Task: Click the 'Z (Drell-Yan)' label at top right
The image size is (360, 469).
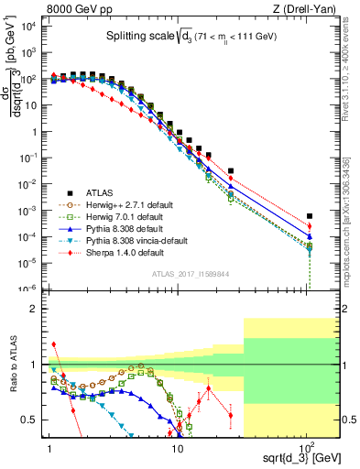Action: click(308, 9)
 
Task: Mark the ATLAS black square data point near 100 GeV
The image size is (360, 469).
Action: click(309, 216)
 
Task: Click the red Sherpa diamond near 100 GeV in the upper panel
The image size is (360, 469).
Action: click(309, 226)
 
